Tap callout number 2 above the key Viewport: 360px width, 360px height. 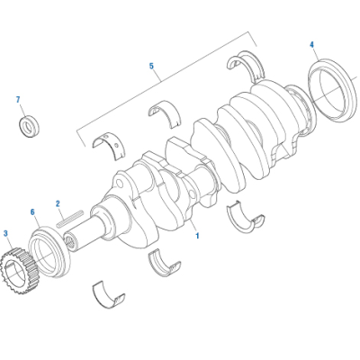click(58, 203)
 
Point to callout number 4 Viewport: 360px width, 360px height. click(312, 44)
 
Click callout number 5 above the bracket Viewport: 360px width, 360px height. click(151, 66)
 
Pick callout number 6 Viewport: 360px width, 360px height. click(33, 213)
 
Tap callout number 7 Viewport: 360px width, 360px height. click(17, 99)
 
